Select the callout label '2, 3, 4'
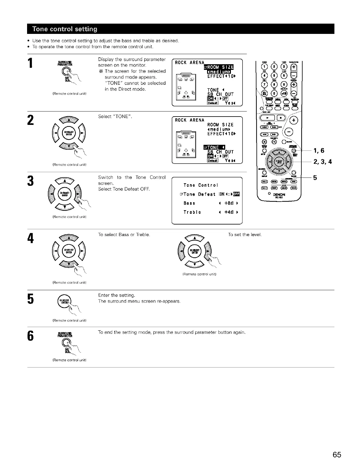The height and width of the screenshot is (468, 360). click(x=323, y=162)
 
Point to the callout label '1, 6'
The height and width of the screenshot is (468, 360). click(x=319, y=150)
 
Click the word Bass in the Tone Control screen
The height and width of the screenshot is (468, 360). click(x=189, y=203)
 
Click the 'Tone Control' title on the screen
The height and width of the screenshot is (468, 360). click(x=201, y=185)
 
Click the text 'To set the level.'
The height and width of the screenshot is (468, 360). click(x=245, y=235)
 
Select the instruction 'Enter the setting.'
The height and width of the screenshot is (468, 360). click(x=117, y=295)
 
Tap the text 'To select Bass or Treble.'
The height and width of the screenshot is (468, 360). click(x=124, y=235)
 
